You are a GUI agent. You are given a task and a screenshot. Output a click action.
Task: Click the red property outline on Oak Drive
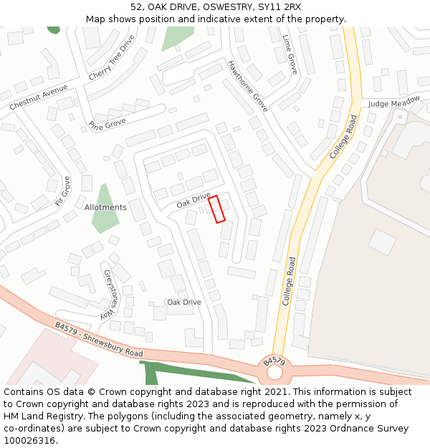[216, 209]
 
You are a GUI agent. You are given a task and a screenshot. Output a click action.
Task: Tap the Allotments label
[105, 207]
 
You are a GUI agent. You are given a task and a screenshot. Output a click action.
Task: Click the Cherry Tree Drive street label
[111, 57]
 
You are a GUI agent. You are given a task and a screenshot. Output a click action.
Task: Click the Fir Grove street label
[62, 191]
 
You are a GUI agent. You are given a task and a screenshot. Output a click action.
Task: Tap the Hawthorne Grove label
[247, 86]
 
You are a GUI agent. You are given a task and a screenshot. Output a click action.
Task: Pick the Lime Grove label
[290, 54]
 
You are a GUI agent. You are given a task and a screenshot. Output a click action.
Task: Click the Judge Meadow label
[394, 103]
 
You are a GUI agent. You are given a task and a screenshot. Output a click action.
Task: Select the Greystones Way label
[109, 295]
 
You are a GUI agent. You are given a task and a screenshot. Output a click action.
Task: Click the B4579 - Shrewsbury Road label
[99, 340]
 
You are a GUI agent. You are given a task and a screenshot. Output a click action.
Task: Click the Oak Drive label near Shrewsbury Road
[184, 302]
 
